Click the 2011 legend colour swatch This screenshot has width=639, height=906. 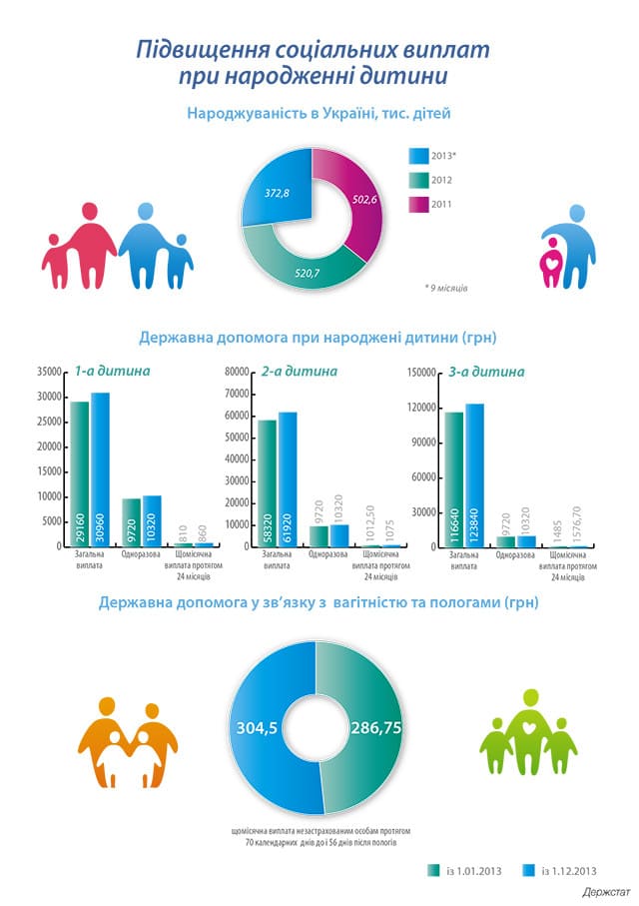(417, 205)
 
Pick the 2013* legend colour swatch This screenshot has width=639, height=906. (417, 156)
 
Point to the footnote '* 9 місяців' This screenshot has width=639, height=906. (446, 288)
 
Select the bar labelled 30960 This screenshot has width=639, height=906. (100, 469)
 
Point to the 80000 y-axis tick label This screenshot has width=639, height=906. (236, 372)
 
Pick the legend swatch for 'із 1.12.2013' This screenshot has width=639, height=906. (530, 869)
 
